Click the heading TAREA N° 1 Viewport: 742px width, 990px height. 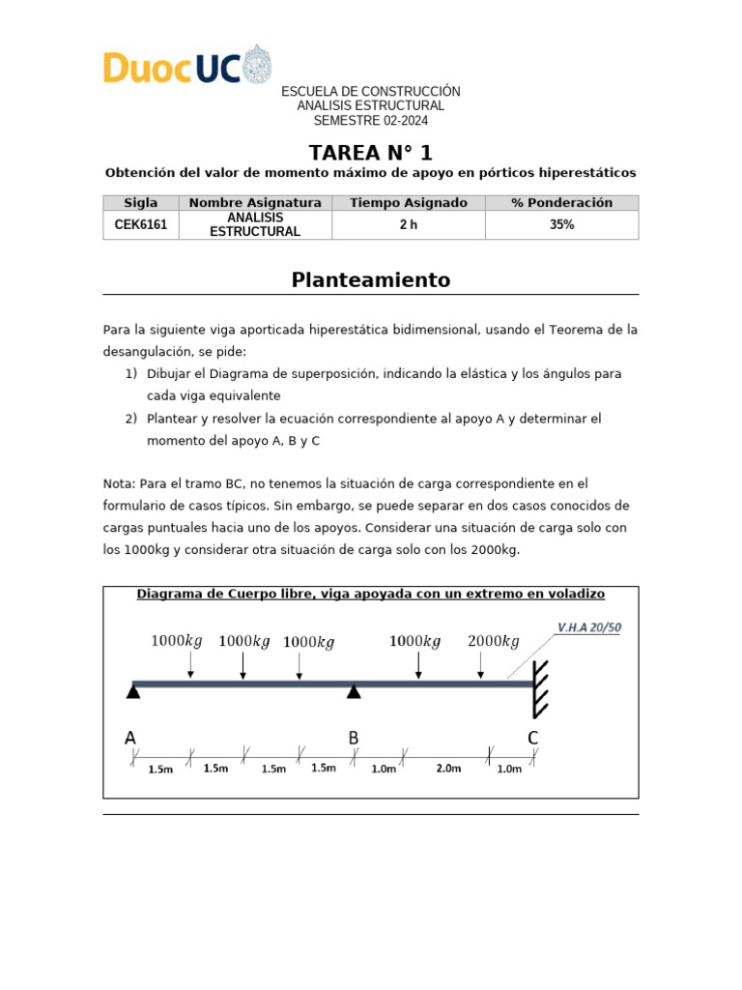tap(370, 152)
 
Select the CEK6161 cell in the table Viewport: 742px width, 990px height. tap(140, 224)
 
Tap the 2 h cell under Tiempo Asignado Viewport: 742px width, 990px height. tap(408, 224)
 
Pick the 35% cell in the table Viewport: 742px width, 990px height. tap(561, 224)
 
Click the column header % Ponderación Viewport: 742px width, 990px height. tap(561, 203)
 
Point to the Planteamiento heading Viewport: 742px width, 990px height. tap(370, 280)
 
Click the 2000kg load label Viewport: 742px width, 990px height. tap(493, 641)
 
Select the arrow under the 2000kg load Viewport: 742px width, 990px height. tap(480, 666)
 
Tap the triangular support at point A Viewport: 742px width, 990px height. tap(133, 690)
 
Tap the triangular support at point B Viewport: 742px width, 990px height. tap(355, 690)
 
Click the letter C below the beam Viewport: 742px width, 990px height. tap(532, 739)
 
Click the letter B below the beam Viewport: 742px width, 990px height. tap(354, 739)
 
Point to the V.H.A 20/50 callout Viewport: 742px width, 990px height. tap(588, 627)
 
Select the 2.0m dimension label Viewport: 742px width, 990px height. tap(448, 769)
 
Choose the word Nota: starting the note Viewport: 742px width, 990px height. tap(119, 483)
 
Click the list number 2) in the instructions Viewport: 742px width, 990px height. tap(130, 419)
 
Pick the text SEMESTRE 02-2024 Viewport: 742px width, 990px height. tap(370, 121)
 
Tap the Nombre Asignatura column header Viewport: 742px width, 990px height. tap(255, 203)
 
